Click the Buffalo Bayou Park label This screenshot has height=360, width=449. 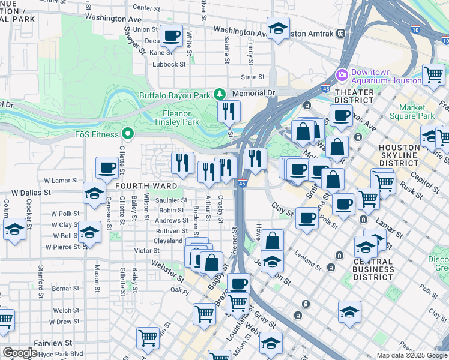point(175,95)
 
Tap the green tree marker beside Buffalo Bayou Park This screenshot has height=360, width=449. point(220,94)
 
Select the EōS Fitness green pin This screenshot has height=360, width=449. point(127,133)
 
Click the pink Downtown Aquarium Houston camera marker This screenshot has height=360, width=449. point(342,75)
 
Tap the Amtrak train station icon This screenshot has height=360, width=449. point(340,34)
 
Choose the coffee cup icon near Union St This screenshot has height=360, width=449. point(171,35)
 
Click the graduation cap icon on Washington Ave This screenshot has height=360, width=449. point(279,28)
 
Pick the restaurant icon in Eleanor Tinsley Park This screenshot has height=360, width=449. point(229,111)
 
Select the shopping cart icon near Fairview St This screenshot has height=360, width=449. point(148,337)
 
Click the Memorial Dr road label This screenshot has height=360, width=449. point(253,94)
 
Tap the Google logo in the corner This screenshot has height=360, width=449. point(19,353)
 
